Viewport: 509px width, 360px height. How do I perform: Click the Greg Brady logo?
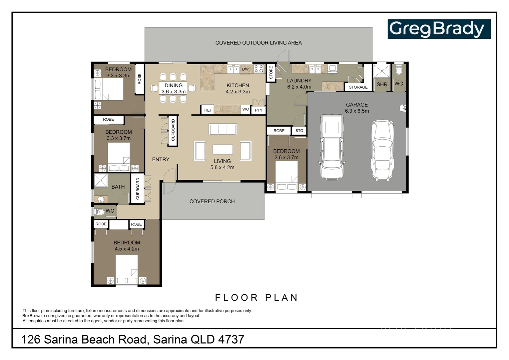click(x=439, y=29)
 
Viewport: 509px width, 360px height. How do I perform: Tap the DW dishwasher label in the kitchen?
click(x=245, y=69)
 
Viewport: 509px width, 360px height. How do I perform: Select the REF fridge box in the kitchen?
click(x=208, y=110)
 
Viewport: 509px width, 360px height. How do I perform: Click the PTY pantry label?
click(x=258, y=110)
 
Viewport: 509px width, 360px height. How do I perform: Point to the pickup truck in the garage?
click(x=331, y=147)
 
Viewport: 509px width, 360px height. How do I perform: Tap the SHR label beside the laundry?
click(x=382, y=84)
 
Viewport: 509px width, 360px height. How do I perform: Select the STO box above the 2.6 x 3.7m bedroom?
click(x=299, y=131)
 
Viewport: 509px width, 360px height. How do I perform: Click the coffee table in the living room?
click(x=223, y=149)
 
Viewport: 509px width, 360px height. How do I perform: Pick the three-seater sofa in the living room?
click(x=223, y=129)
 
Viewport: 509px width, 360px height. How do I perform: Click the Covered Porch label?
click(x=212, y=201)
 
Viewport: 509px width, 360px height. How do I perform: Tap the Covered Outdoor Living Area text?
click(x=258, y=43)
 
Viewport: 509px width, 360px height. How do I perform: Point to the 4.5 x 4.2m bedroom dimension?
click(x=127, y=249)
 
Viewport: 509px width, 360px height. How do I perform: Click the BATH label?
click(x=118, y=187)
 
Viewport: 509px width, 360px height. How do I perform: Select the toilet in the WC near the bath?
click(x=100, y=211)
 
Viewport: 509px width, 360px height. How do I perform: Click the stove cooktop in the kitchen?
click(x=259, y=69)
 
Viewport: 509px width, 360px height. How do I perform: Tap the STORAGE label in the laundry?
click(x=358, y=87)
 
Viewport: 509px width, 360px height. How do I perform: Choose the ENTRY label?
click(x=161, y=159)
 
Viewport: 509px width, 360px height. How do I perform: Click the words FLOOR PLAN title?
click(x=256, y=297)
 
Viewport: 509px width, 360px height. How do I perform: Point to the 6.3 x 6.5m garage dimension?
click(x=357, y=111)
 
